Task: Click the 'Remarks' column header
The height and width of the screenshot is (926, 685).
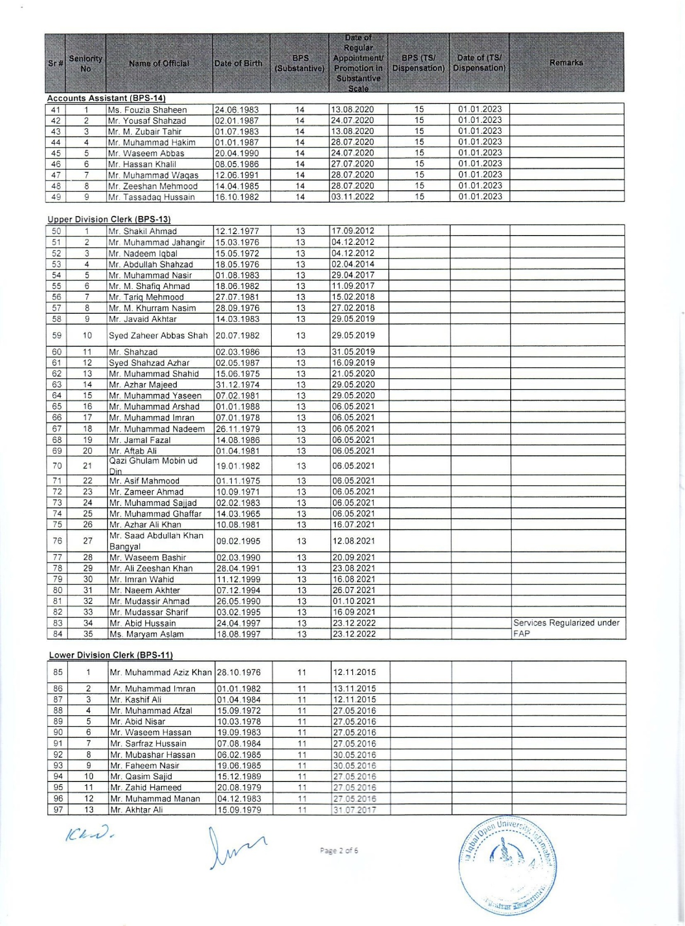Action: click(x=566, y=63)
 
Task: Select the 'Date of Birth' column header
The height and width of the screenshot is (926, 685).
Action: click(x=238, y=63)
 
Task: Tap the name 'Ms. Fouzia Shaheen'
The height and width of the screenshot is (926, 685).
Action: click(x=147, y=110)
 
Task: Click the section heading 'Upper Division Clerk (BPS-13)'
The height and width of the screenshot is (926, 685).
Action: click(x=109, y=219)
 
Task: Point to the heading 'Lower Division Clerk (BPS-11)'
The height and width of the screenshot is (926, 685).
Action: click(x=111, y=655)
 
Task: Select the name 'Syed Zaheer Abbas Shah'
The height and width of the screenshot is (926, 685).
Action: click(x=158, y=335)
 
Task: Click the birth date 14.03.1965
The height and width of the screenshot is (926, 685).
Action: click(x=238, y=513)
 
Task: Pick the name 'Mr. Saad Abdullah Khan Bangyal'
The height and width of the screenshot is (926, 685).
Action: click(x=156, y=541)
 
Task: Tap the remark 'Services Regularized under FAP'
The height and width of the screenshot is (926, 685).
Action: click(x=566, y=628)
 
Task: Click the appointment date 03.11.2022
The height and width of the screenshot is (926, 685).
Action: click(x=352, y=197)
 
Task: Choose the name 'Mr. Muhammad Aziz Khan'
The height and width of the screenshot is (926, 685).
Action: click(x=160, y=672)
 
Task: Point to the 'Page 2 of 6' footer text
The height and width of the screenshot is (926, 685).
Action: click(x=339, y=850)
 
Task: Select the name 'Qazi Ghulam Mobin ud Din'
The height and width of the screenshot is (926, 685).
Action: click(x=153, y=466)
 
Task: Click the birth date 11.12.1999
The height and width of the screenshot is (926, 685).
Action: click(x=238, y=579)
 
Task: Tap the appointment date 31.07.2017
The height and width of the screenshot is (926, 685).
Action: click(x=354, y=810)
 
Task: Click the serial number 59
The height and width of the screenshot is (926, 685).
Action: click(x=57, y=335)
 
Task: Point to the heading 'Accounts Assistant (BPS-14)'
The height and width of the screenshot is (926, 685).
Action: click(x=106, y=98)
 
